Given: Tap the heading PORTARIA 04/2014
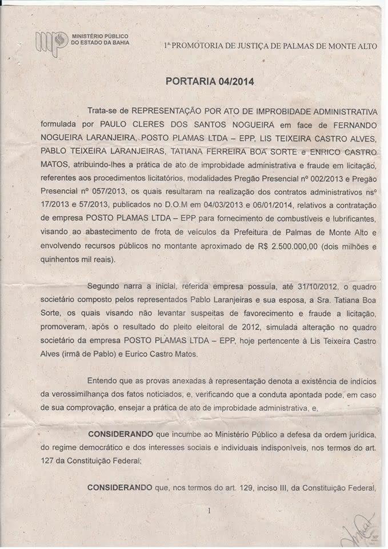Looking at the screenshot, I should [x=210, y=81].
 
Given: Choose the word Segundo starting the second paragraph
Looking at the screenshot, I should [x=104, y=286].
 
